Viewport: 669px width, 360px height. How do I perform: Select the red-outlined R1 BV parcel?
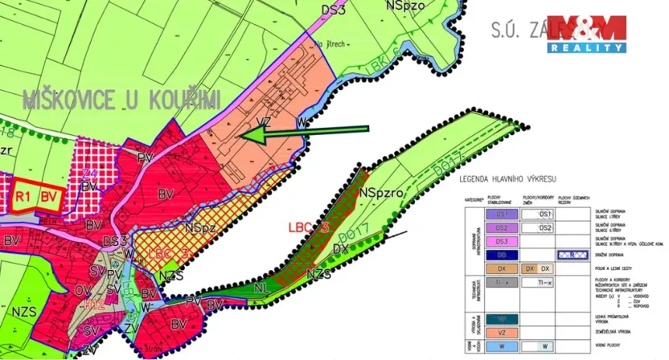point(36,196)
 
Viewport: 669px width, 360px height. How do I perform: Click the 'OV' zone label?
point(83,289)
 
